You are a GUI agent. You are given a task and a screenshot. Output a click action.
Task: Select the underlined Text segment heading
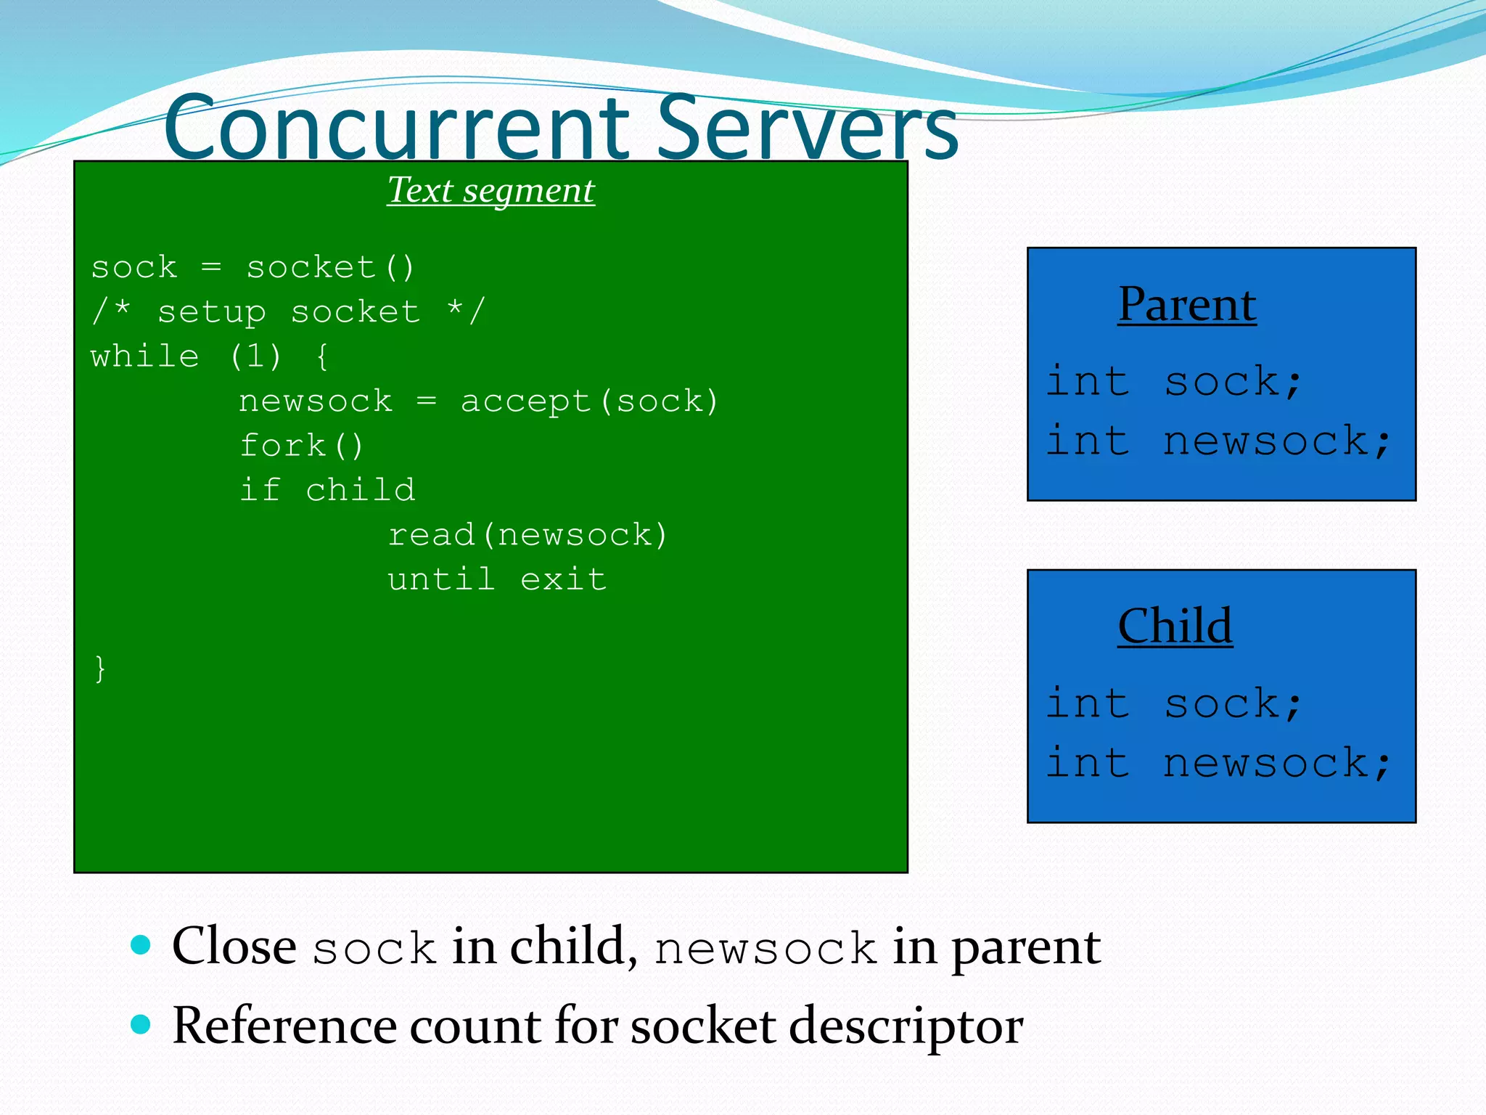coord(490,190)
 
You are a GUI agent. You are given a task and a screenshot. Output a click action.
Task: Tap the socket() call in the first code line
coord(330,268)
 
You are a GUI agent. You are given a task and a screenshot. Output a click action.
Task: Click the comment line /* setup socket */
coord(287,312)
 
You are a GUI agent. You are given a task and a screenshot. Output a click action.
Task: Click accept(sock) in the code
coord(589,401)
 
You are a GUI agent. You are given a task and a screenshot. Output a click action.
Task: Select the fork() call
coord(301,446)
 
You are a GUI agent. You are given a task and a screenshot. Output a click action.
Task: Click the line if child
coord(327,490)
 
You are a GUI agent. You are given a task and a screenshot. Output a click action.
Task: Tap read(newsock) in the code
coord(527,535)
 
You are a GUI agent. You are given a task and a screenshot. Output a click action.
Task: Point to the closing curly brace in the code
coord(100,668)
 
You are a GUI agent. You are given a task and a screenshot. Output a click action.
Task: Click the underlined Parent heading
coord(1187,304)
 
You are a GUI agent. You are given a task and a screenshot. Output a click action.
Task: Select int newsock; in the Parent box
coord(1218,441)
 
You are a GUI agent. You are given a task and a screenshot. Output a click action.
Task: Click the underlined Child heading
coord(1175,626)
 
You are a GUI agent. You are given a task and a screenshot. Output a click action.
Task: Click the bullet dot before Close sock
coord(141,945)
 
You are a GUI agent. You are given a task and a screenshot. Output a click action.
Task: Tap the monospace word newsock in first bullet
coord(765,949)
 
